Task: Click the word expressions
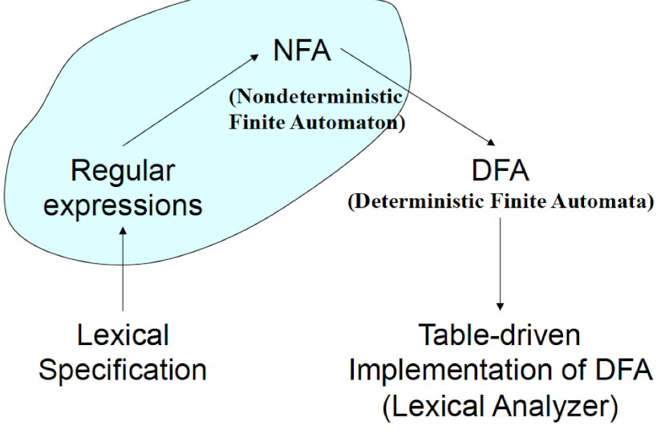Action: tap(123, 205)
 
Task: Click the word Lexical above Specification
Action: tap(123, 334)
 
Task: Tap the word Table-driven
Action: tap(500, 334)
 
